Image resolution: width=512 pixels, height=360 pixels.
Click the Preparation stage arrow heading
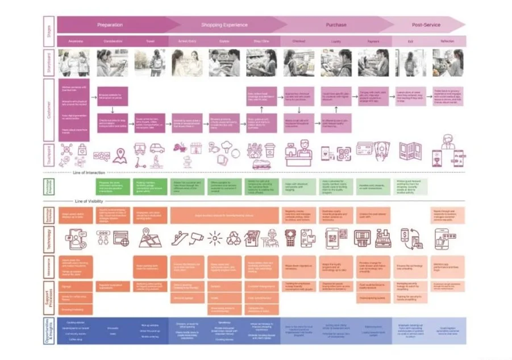pos(110,25)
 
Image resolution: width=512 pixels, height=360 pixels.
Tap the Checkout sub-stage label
pos(298,42)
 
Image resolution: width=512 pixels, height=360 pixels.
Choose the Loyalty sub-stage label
pos(336,42)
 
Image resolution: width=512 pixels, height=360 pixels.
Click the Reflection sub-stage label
pos(447,42)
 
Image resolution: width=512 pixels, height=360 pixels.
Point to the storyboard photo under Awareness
pos(76,63)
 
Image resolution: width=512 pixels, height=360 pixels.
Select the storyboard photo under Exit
pos(410,63)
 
